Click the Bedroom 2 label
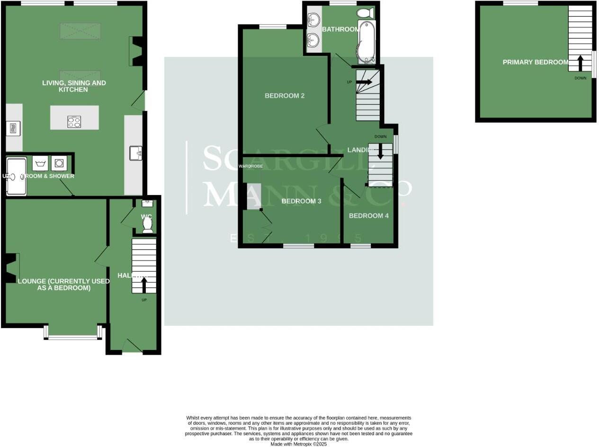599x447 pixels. point(284,96)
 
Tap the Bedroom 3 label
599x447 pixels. point(301,201)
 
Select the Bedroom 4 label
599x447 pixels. point(368,216)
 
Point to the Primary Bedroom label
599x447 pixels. point(535,62)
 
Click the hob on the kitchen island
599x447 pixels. point(74,122)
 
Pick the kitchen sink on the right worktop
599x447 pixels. point(135,153)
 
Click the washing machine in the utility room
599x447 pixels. point(59,163)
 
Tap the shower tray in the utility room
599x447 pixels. point(17,177)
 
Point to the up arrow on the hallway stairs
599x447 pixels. point(144,285)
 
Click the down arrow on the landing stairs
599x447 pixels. point(380,151)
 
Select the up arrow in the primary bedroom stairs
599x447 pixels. point(580,62)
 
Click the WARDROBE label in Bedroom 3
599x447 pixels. point(250,166)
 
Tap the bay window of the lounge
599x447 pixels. point(73,337)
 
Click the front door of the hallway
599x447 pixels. point(132,352)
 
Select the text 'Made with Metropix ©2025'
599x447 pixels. point(298,444)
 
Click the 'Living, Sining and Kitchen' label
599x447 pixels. point(74,86)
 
